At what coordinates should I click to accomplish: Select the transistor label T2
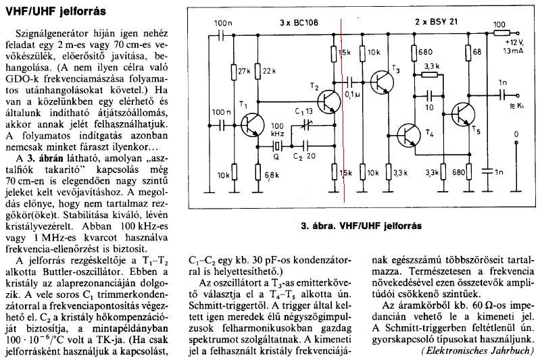pos(312,88)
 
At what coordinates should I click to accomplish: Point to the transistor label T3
pos(396,70)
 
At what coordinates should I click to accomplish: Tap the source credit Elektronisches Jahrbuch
pos(481,351)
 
